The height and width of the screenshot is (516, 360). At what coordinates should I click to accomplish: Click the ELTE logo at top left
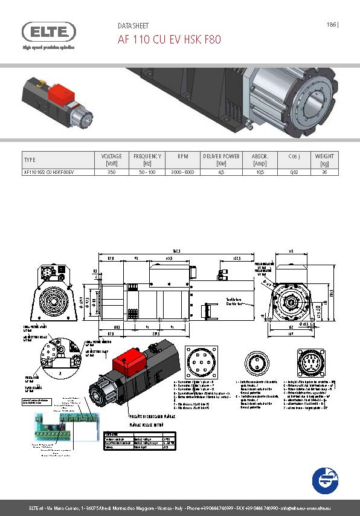coord(49,31)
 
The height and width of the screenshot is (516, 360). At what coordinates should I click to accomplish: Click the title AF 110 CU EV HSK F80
coord(169,40)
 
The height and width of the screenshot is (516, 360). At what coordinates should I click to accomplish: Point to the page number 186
coord(331,25)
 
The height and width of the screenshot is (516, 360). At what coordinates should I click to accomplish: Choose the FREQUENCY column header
coord(147,160)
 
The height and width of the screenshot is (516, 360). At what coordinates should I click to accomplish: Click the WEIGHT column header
coord(324,160)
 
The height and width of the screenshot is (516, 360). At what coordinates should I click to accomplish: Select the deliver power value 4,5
coord(221,172)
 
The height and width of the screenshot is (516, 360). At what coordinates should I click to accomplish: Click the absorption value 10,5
coord(260,172)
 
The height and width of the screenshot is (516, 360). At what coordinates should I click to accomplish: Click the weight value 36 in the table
coord(324,172)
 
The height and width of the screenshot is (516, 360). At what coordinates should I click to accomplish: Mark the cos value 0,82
coord(294,172)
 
